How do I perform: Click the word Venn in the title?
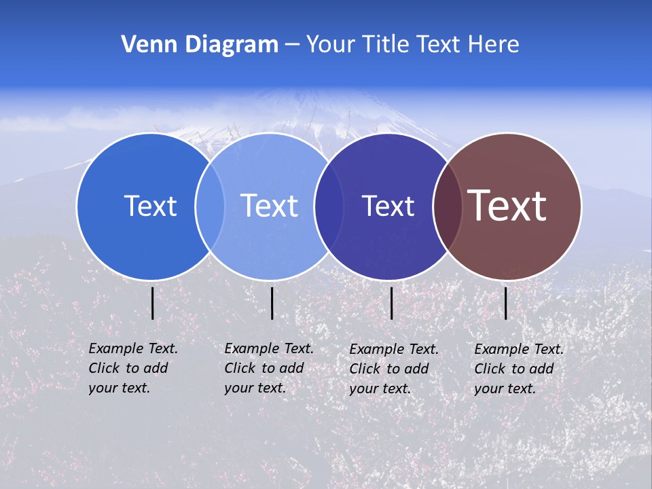(x=145, y=45)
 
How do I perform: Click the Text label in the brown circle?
(x=507, y=206)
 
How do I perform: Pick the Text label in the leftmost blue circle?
(x=150, y=206)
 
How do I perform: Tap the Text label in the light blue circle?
(x=270, y=206)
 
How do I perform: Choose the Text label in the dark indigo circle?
(x=388, y=206)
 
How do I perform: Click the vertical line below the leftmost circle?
(x=152, y=303)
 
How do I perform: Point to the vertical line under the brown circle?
(x=505, y=303)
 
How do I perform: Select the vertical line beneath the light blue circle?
(x=272, y=303)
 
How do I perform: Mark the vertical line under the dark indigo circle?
(x=391, y=303)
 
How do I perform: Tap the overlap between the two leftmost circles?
(x=210, y=206)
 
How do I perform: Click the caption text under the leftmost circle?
(x=133, y=368)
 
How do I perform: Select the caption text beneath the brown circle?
(x=519, y=369)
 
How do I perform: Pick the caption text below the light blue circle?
(x=269, y=368)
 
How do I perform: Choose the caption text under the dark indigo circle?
(x=394, y=369)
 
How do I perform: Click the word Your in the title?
(x=331, y=45)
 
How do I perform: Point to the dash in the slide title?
(x=292, y=45)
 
